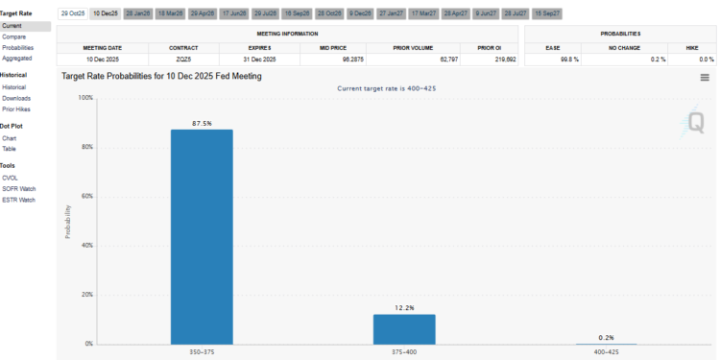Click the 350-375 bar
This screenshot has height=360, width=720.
(x=202, y=236)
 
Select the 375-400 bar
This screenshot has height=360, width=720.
(x=404, y=328)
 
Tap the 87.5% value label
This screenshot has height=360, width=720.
(x=202, y=123)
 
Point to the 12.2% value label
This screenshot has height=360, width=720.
(x=404, y=307)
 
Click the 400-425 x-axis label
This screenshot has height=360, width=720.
(x=607, y=351)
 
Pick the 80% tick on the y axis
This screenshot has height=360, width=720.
(x=85, y=147)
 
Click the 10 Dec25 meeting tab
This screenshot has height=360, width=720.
(x=105, y=13)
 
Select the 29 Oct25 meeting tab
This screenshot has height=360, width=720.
(x=72, y=13)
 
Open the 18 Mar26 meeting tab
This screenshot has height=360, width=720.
(x=170, y=13)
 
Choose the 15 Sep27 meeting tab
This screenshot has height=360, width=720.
(x=547, y=13)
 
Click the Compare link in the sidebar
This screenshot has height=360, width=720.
(x=14, y=36)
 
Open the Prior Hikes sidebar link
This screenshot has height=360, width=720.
(x=16, y=108)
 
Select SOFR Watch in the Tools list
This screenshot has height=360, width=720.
(x=18, y=189)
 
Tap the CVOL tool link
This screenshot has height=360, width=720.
(x=12, y=178)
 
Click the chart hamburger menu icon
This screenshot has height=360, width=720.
(x=705, y=77)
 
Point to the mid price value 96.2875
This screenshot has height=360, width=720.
(x=348, y=59)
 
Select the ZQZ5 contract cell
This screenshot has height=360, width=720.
(x=183, y=59)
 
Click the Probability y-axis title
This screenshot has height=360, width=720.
(x=67, y=221)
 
